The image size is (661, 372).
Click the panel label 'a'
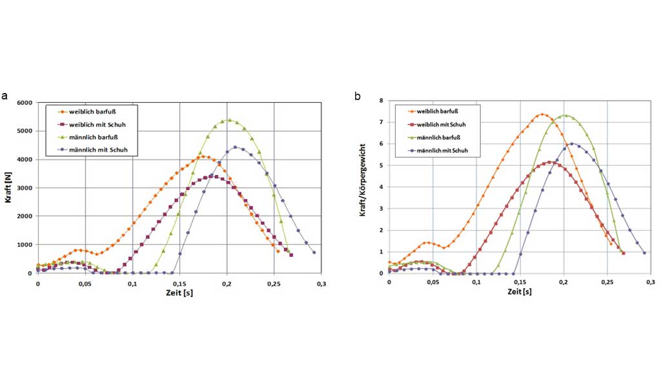pos(5,96)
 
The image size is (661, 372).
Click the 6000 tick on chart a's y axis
pos(25,103)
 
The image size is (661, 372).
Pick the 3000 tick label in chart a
pos(25,188)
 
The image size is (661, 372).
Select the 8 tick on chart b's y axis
pos(381,101)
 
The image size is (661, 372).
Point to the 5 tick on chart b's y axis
pos(381,165)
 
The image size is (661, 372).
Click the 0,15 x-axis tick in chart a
pos(179,283)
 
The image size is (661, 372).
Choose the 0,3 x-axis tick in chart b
pos(651,283)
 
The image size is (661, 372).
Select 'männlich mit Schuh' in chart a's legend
pos(94,150)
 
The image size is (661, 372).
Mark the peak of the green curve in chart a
pos(229,120)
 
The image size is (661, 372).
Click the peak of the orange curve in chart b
pos(543,115)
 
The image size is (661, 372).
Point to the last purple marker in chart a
pos(314,253)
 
